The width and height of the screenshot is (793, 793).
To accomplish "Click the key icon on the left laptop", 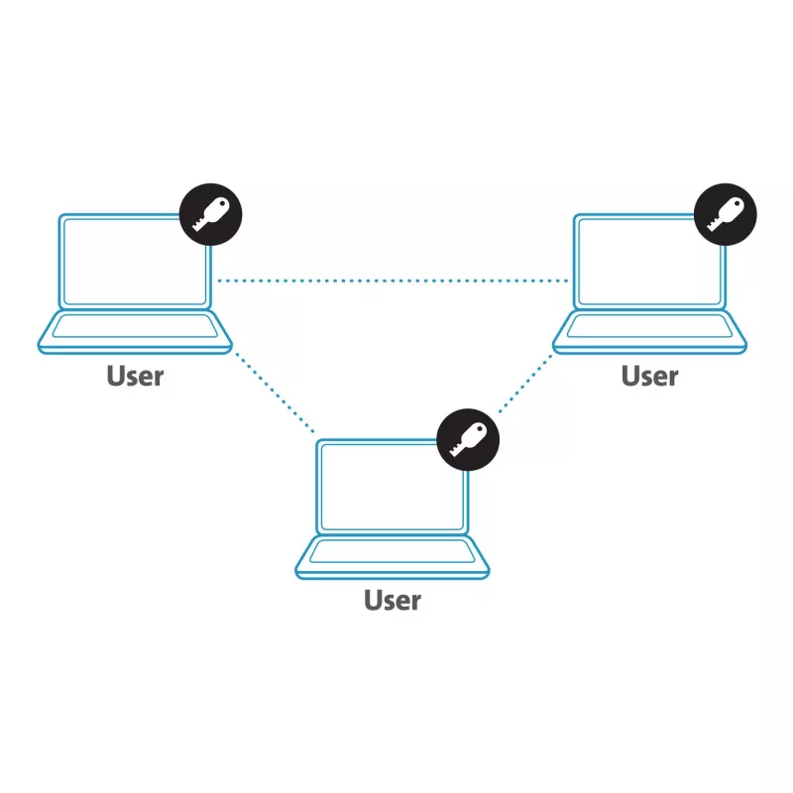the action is point(210,214).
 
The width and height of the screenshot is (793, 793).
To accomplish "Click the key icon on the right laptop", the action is point(726,214).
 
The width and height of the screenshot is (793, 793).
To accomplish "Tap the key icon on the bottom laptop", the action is point(468,439).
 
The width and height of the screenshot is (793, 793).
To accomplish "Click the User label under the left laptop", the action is point(135,376).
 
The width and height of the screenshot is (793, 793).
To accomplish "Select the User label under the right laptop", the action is point(650,376).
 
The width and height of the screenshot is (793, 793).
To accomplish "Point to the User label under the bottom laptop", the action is point(393,601).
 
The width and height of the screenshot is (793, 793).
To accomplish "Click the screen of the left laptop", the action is point(135,262).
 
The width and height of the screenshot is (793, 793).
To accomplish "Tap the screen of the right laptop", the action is point(649,262).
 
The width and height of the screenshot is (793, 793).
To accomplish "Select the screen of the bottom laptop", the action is point(393,487).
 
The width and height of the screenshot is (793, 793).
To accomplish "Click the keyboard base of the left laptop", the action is point(135,332).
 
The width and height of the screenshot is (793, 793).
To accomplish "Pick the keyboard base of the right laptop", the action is point(650,332).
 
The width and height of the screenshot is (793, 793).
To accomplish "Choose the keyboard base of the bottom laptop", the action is point(393,556).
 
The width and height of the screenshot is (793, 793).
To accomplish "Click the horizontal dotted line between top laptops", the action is point(393,281).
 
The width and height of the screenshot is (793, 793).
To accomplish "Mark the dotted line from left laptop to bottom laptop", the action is point(275,393).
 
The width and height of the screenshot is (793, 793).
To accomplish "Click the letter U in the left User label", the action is point(116,376).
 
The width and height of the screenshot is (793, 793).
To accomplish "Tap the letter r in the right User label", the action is point(673,379).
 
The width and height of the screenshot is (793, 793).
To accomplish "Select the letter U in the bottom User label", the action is point(374,601).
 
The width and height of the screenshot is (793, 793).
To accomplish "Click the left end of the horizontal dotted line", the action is point(219,281).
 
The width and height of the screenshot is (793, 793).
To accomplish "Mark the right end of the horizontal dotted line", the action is point(566,281).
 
